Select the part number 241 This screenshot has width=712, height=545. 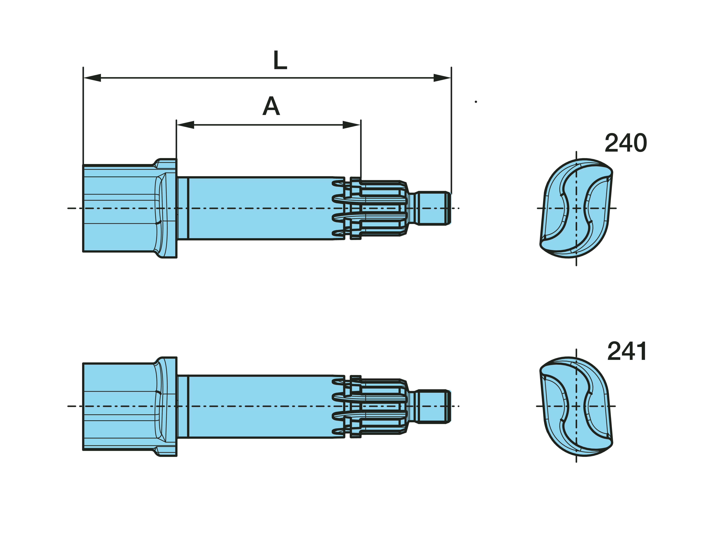(x=627, y=351)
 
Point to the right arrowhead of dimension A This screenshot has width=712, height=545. (x=352, y=125)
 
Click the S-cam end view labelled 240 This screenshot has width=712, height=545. (x=576, y=208)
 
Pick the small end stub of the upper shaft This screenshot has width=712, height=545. (x=433, y=208)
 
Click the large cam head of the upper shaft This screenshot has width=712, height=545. (x=118, y=208)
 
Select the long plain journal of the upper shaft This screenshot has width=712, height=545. (x=260, y=208)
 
